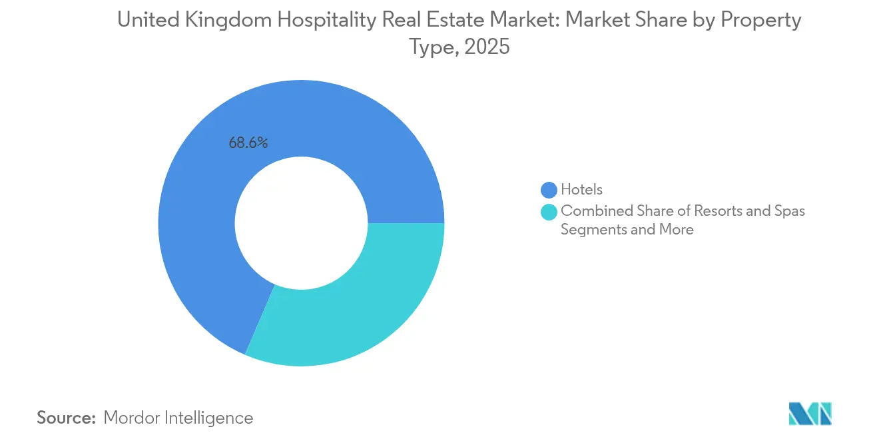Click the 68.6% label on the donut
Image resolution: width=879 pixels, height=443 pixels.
click(248, 143)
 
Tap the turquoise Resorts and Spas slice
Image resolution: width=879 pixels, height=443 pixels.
click(353, 306)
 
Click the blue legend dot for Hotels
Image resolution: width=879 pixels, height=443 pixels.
click(549, 190)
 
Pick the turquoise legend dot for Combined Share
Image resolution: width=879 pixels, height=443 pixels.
click(549, 212)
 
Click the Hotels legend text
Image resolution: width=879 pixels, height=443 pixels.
click(581, 190)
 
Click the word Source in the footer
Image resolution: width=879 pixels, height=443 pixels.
click(66, 418)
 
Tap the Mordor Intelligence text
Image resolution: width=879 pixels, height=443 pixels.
click(178, 418)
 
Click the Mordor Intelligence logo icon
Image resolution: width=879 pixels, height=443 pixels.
click(810, 414)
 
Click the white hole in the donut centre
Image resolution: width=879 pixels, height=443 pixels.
click(301, 223)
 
